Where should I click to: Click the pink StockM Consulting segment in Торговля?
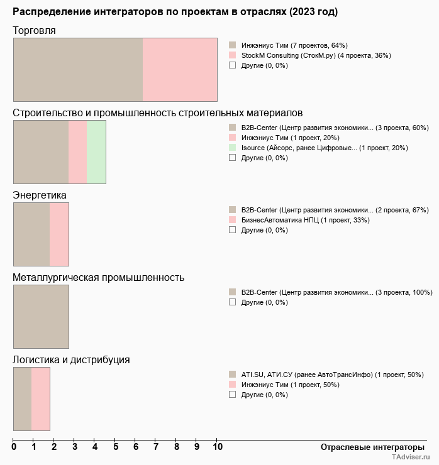coord(180,69)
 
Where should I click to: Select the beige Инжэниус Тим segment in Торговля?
coord(78,69)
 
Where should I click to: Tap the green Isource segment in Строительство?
coord(96,152)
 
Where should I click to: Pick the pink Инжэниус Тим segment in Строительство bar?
coord(77,152)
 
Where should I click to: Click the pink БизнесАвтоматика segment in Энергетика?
coord(59,234)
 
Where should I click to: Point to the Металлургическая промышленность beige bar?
coord(41,317)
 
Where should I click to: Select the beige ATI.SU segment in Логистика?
coord(23,399)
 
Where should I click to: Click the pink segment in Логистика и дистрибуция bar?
coord(41,399)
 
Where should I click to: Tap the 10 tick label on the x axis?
coord(217,447)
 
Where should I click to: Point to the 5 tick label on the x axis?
coord(116,447)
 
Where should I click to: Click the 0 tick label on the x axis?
coord(14,447)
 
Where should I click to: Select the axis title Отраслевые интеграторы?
coord(369,447)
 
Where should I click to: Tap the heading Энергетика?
coord(40,195)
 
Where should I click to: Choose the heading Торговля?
coord(35,31)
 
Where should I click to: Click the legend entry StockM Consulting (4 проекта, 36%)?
coord(316,55)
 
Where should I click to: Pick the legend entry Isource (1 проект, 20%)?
coord(325,148)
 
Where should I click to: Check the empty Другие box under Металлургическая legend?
coord(232,302)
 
